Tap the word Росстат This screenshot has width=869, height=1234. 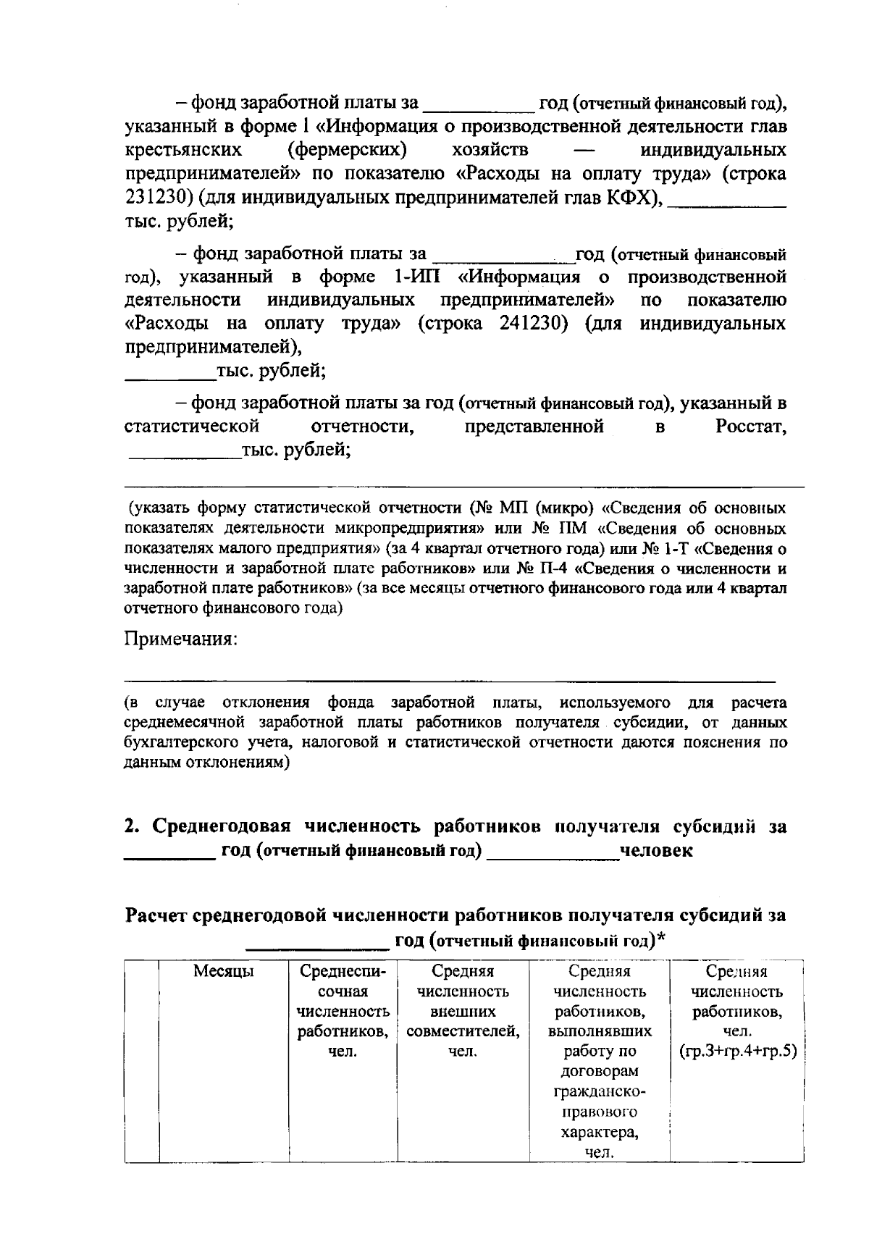pos(750,427)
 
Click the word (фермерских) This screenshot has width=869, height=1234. pos(346,151)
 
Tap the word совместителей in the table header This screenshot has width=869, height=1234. pos(463,1031)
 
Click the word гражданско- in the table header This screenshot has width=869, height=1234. pos(599,1091)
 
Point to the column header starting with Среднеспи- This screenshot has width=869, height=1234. pos(343,972)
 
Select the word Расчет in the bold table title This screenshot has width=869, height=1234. pos(156,916)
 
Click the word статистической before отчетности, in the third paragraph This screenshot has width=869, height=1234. pos(192,427)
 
